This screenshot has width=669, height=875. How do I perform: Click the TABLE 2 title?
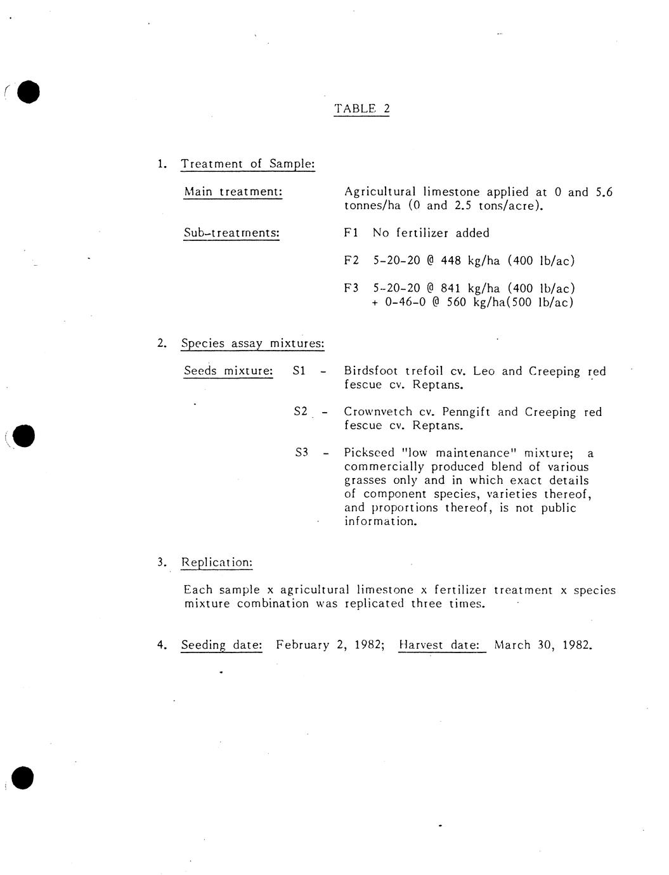[361, 108]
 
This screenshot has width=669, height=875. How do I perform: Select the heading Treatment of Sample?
[248, 164]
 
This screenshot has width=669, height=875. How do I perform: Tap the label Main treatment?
[233, 191]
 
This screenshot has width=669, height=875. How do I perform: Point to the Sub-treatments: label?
[231, 233]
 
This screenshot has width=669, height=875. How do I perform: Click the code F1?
[351, 233]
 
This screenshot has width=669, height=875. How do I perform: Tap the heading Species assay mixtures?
[252, 344]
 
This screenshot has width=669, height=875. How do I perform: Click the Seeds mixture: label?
[228, 371]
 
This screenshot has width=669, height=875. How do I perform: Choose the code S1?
[299, 371]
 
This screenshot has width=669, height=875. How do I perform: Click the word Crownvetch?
[379, 412]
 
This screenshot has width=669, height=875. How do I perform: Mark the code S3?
[301, 453]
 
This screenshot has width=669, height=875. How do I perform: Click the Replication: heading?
[217, 562]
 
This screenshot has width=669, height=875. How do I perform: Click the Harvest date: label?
[442, 645]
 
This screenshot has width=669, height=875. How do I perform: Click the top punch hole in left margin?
[28, 92]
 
